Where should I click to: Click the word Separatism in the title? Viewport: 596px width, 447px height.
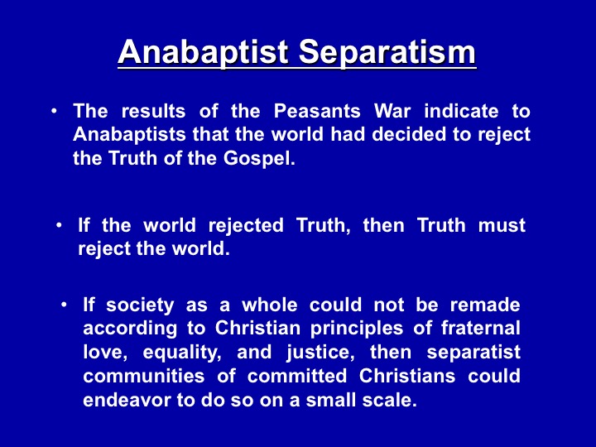(x=387, y=52)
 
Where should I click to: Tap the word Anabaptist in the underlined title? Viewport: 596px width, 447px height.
(x=203, y=52)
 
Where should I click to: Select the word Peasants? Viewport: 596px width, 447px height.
(x=317, y=111)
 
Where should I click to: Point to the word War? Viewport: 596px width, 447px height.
(x=392, y=111)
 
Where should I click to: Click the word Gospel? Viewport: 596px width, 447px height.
(x=259, y=158)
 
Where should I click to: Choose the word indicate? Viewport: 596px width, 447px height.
(x=461, y=111)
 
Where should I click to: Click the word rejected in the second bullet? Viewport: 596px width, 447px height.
(x=246, y=226)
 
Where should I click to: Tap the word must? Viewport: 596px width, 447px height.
(x=502, y=225)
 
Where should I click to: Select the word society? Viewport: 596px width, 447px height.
(x=140, y=305)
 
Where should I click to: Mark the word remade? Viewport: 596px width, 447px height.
(x=485, y=305)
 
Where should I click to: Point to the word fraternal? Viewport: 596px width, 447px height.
(x=481, y=329)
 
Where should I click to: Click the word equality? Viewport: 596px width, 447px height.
(x=182, y=353)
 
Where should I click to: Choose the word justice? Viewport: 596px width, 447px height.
(x=321, y=353)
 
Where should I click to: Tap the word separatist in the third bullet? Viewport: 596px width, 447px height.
(x=473, y=353)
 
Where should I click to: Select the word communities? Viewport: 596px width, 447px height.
(x=144, y=377)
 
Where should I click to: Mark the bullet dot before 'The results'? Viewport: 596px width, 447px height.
(x=55, y=112)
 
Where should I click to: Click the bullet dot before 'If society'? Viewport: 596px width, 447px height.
(x=65, y=305)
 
